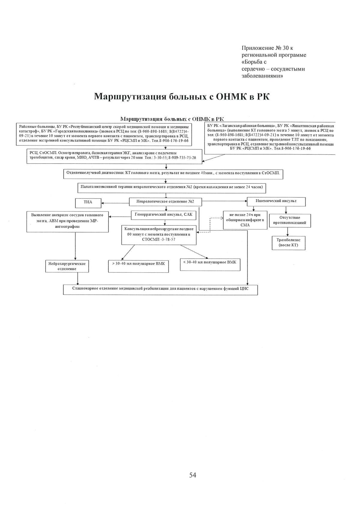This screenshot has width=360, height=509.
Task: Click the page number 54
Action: tap(193, 475)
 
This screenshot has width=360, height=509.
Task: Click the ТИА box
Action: tap(88, 203)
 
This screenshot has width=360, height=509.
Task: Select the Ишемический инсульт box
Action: tap(276, 202)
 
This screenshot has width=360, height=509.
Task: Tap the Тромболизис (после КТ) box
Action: tap(288, 243)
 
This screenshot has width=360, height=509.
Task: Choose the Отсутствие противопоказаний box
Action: tap(289, 220)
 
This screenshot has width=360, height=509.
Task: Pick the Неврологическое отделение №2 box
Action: tap(165, 202)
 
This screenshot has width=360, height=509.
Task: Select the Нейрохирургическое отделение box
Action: tap(67, 266)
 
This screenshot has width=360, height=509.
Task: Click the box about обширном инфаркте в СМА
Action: tap(245, 220)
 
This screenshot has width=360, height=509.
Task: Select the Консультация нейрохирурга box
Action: tap(159, 234)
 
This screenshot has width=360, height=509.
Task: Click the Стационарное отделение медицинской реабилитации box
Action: tap(160, 290)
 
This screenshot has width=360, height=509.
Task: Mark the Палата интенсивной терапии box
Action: tap(172, 187)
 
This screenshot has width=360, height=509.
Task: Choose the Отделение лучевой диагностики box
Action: tap(173, 174)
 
